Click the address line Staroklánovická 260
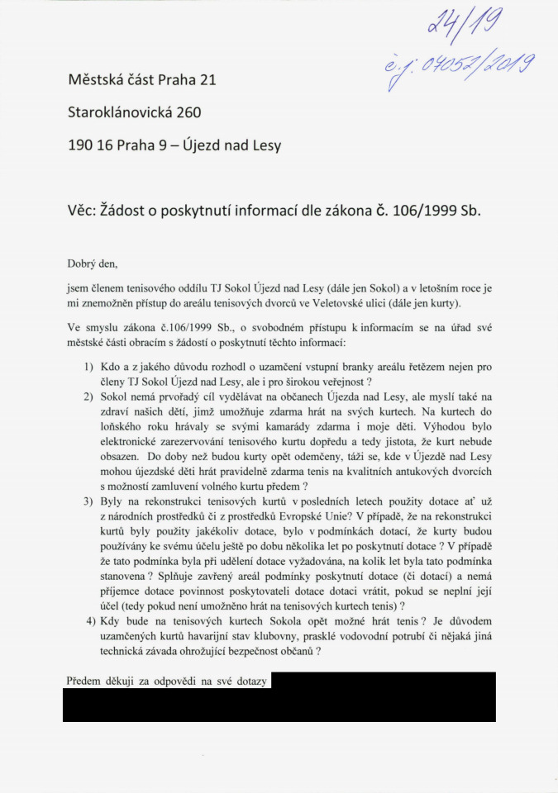pyautogui.click(x=135, y=112)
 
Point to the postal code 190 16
pyautogui.click(x=91, y=145)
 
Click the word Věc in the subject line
pyautogui.click(x=84, y=210)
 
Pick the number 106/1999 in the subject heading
pyautogui.click(x=421, y=210)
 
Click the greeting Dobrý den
pyautogui.click(x=92, y=264)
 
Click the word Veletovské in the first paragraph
pyautogui.click(x=370, y=303)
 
